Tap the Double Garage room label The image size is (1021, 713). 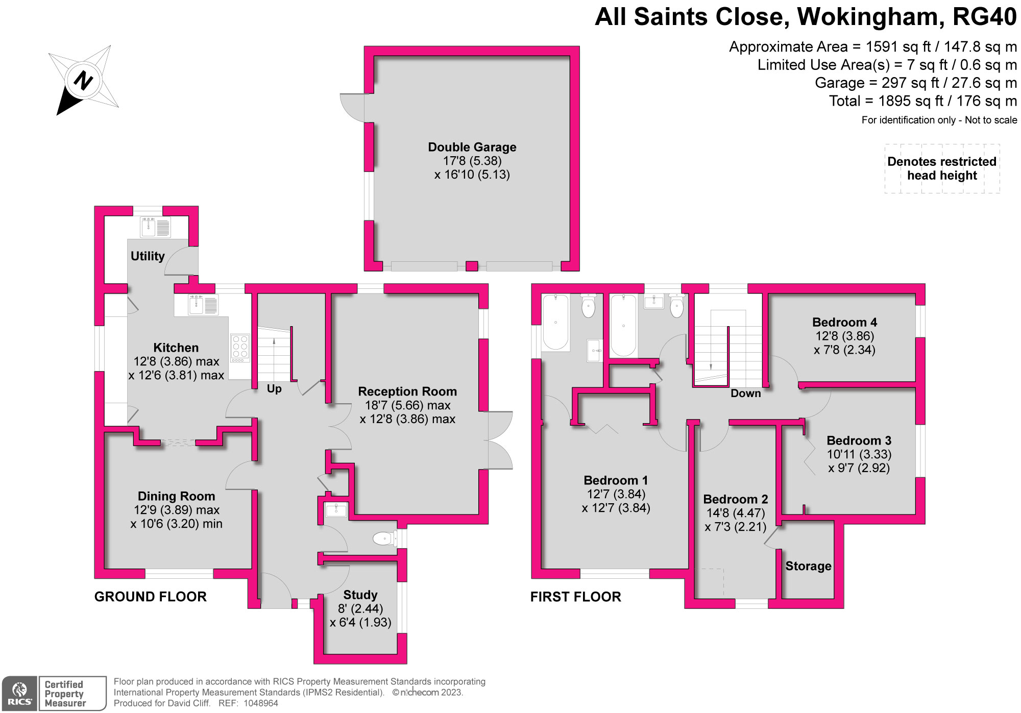pos(472,147)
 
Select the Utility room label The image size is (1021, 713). pos(148,256)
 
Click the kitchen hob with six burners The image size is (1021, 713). pos(240,348)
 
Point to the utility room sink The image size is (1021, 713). pos(156,227)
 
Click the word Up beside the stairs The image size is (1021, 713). pos(274,389)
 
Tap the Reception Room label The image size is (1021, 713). pos(407,391)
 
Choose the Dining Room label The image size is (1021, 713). pos(176,496)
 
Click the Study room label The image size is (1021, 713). pos(360,595)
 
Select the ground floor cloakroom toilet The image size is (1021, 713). pos(385,538)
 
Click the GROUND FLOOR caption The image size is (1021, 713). pos(151,597)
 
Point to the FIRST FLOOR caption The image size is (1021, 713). pos(576,597)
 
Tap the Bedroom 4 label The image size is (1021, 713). pos(845,322)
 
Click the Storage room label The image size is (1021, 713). pos(809,566)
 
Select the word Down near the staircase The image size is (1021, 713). pos(746,394)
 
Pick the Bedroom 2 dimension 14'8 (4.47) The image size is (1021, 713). pos(736,513)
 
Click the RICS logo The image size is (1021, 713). pos(19,693)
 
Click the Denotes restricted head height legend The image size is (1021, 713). pos(942,168)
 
